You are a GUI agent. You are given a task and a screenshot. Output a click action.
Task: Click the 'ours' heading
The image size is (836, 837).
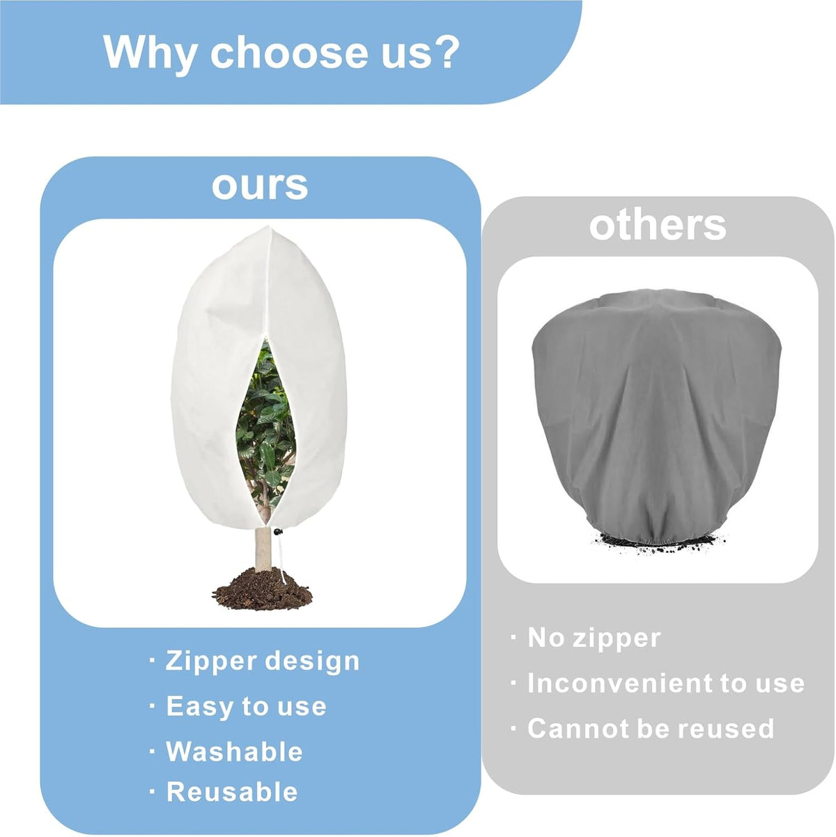click(260, 186)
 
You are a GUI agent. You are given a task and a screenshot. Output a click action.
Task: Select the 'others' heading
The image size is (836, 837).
click(658, 226)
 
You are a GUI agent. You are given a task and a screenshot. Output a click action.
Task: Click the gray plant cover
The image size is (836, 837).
click(656, 415)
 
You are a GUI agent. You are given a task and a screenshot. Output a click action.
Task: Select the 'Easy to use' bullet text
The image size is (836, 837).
click(246, 706)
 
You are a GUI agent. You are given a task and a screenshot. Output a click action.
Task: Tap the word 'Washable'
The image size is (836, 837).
click(234, 751)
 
